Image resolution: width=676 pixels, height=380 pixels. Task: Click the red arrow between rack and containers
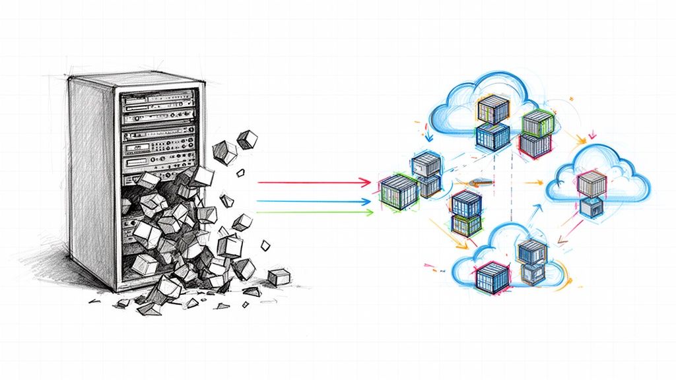click(310, 181)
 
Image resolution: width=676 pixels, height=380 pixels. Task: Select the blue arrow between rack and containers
click(310, 201)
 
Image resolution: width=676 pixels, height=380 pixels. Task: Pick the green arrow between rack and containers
click(310, 212)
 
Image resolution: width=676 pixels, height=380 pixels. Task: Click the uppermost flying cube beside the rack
click(247, 139)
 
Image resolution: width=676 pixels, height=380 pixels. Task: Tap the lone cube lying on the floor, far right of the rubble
click(279, 276)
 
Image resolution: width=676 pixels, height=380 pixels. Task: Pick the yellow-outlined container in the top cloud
click(491, 109)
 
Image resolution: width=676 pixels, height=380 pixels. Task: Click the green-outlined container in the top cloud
click(536, 123)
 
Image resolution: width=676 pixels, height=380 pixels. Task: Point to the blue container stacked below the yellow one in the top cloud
click(492, 137)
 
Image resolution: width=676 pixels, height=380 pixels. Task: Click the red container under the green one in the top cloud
click(535, 145)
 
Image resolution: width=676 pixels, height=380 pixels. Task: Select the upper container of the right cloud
click(590, 183)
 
